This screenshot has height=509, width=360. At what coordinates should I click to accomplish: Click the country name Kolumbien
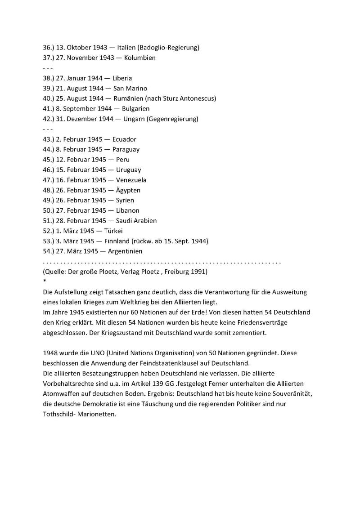click(140, 58)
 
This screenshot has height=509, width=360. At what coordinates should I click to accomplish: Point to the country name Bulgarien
click(135, 109)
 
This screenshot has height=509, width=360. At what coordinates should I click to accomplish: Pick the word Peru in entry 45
click(123, 160)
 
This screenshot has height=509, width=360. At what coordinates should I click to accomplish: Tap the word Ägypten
click(128, 190)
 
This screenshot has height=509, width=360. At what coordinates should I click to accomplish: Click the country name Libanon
click(128, 210)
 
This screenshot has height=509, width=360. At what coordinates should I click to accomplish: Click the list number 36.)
click(49, 47)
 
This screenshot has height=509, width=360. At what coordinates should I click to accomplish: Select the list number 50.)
click(49, 210)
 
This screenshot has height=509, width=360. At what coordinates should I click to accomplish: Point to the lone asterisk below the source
click(44, 281)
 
